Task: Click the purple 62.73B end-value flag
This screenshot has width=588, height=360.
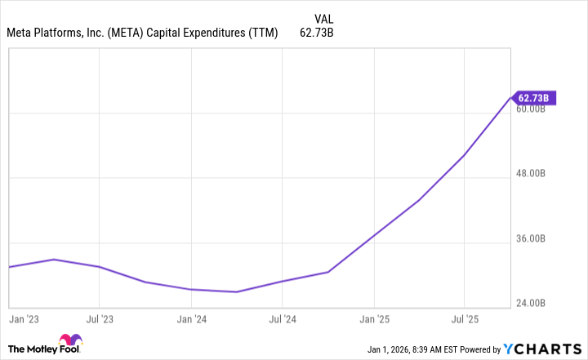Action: click(536, 99)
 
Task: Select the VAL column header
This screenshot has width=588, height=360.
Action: click(324, 18)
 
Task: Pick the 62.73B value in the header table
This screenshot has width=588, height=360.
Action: click(318, 33)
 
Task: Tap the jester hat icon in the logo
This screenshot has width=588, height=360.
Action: click(70, 342)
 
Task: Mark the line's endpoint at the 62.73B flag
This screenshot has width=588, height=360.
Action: click(511, 98)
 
